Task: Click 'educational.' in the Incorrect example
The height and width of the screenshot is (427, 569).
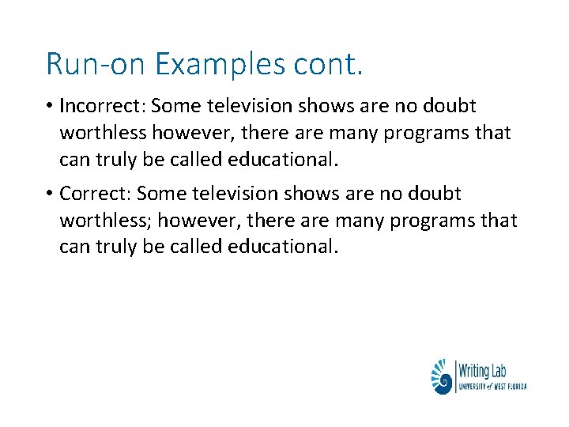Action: click(284, 159)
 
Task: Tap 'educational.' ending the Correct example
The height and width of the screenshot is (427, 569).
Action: click(284, 247)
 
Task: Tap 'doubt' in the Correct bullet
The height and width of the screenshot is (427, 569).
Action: click(434, 194)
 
